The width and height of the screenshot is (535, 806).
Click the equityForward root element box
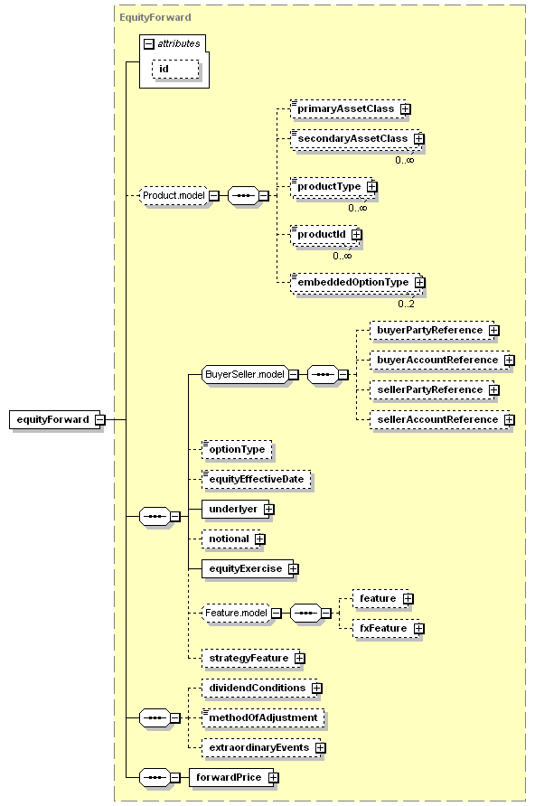point(54,419)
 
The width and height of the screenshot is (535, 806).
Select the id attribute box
point(175,69)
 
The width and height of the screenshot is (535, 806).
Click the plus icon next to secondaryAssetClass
point(419,139)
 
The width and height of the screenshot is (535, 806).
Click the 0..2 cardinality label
point(406,304)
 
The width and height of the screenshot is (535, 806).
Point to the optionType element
point(237,449)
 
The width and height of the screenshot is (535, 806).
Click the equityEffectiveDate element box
point(257,479)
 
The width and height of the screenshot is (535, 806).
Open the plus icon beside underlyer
point(268,509)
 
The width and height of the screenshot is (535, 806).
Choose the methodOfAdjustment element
point(263,717)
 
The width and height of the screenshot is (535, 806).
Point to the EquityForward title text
point(155,17)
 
